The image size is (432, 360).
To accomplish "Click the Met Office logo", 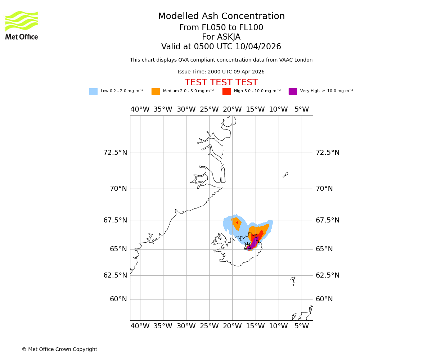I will (22, 25).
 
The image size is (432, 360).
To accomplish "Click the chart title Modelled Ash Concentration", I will (221, 17).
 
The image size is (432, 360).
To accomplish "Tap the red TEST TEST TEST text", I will (221, 82).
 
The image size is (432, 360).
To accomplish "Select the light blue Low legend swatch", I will (93, 91).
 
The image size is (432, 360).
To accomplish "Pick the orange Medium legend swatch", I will (156, 91).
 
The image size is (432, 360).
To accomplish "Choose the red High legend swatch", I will (226, 91).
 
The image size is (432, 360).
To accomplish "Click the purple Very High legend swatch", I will (293, 91).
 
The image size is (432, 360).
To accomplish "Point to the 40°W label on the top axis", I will (140, 109).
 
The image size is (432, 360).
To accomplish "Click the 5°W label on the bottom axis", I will (302, 326).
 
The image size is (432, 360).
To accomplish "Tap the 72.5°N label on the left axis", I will (115, 153).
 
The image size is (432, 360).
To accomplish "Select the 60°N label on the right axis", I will (324, 299).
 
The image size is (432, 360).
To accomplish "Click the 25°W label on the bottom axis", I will (209, 326).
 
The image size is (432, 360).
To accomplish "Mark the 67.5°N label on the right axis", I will (328, 220).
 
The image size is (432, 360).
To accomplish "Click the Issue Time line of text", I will (221, 72).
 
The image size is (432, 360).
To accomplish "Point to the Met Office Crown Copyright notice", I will (59, 350).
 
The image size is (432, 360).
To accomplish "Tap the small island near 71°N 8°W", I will (285, 175).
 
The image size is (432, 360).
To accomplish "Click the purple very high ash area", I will (254, 242).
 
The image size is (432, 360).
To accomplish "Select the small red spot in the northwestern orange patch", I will (237, 222).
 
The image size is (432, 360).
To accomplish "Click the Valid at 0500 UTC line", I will (221, 47).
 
